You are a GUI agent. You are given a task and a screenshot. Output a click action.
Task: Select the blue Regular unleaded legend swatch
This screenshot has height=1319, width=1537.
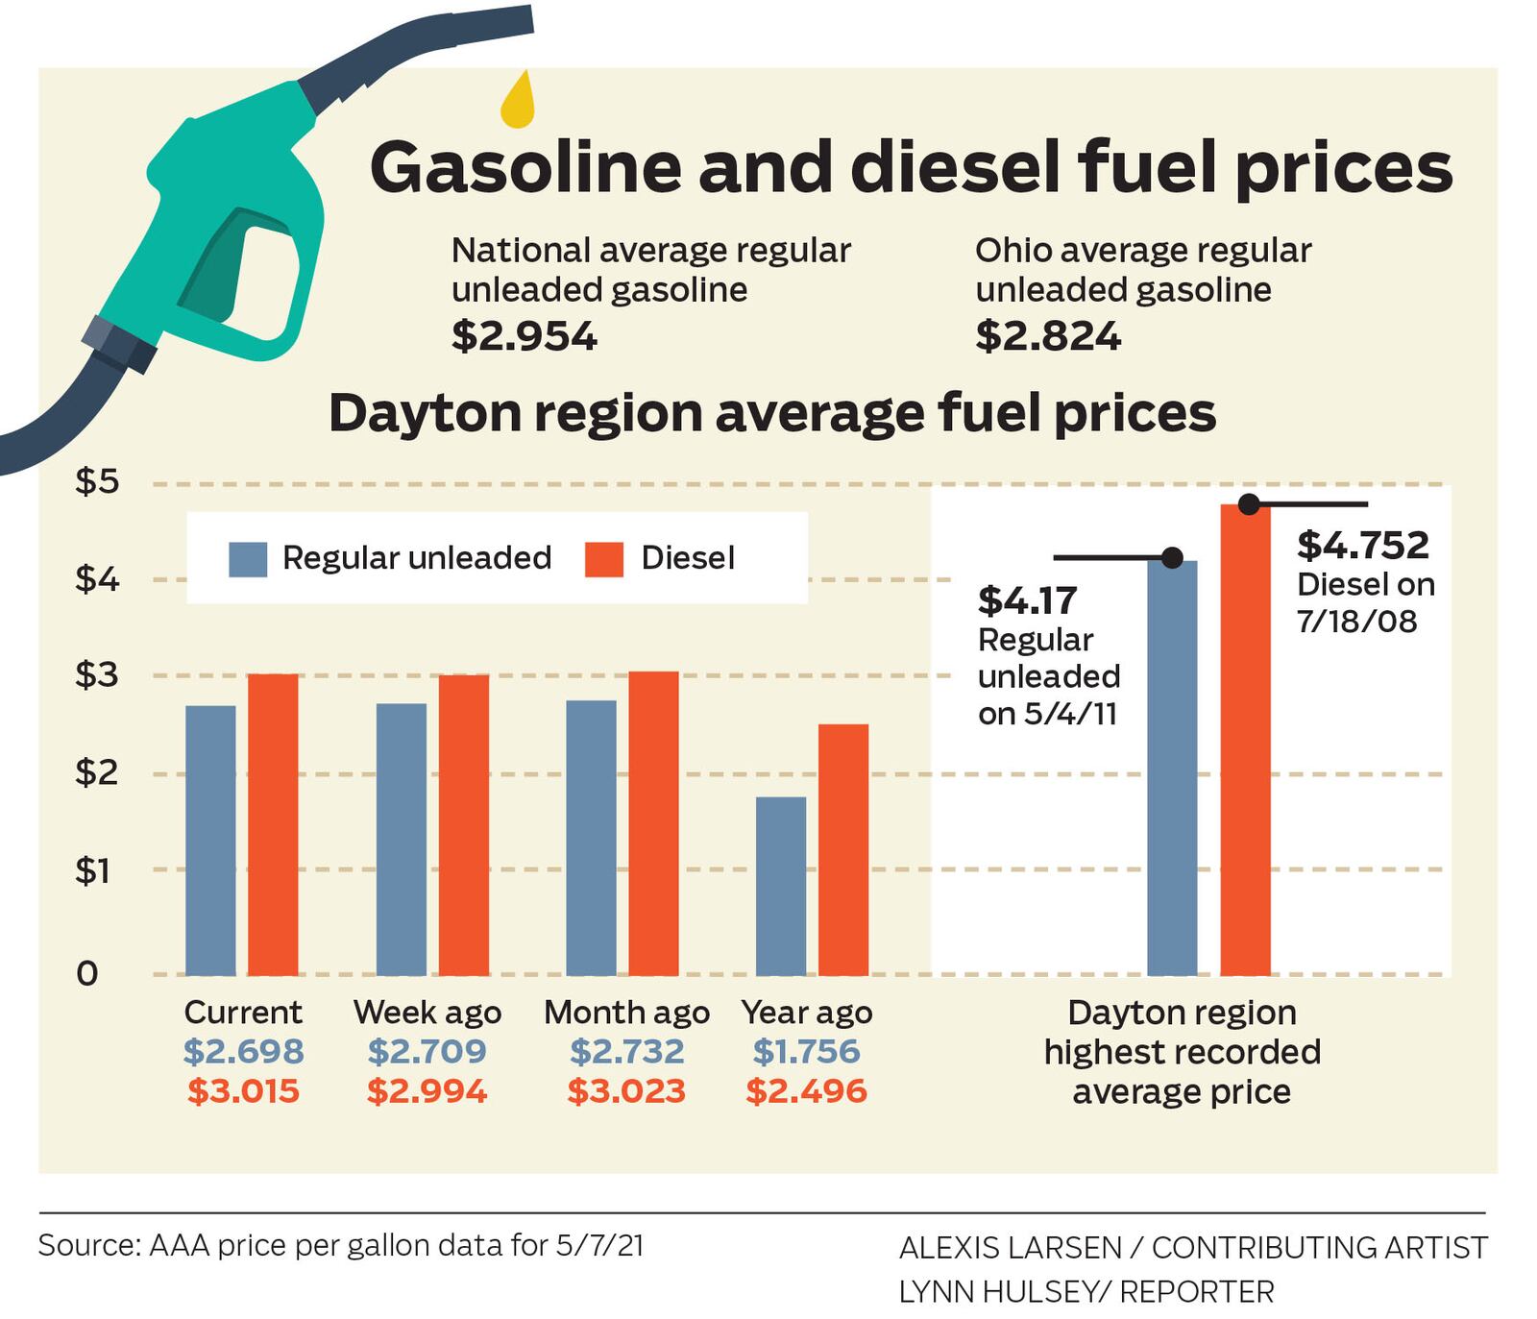(247, 559)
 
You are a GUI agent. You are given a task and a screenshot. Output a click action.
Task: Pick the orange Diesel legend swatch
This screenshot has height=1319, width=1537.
(604, 559)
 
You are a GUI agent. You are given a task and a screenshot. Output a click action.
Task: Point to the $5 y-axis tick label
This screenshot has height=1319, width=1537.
(97, 481)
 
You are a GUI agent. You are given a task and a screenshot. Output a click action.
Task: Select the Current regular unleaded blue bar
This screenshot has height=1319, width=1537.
(210, 841)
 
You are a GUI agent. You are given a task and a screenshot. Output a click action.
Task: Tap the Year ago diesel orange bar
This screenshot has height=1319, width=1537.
(843, 849)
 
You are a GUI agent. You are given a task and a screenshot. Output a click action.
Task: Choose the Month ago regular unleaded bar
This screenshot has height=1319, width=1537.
(591, 838)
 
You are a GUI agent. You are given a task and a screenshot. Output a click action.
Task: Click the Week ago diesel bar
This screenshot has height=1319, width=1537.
(464, 824)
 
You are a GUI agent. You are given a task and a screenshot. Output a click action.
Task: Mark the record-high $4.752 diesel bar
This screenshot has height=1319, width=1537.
(1245, 740)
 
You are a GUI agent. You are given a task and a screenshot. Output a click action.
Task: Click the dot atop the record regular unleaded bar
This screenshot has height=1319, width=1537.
(1172, 557)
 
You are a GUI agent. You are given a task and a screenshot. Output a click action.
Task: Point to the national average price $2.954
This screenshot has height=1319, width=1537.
(525, 336)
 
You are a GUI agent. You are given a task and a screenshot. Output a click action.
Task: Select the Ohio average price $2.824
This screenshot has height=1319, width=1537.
(1048, 336)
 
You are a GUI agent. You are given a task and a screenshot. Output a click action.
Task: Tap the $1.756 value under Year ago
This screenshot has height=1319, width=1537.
(806, 1052)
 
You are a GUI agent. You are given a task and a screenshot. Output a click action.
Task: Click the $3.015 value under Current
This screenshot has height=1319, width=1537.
(243, 1091)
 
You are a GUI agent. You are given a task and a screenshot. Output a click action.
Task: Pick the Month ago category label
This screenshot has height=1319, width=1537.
(626, 1013)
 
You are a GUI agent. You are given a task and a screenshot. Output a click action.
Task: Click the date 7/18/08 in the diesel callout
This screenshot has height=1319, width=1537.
(1356, 622)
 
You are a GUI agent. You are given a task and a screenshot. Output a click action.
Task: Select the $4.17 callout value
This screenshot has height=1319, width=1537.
(1027, 600)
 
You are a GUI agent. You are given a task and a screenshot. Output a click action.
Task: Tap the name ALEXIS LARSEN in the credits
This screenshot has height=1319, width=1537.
(1010, 1248)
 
